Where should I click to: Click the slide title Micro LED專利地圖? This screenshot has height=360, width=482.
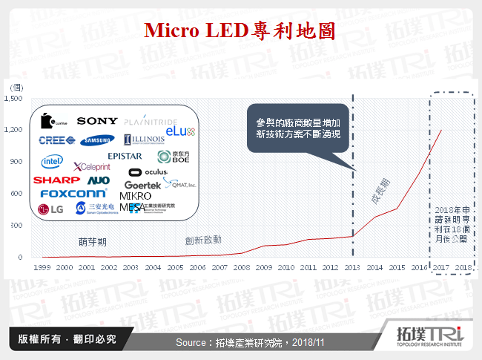click(240, 30)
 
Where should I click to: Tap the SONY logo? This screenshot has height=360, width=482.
click(97, 120)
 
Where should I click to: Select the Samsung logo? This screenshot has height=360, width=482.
click(98, 140)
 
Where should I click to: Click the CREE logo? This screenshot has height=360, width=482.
click(56, 140)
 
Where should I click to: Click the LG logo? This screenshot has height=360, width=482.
click(51, 209)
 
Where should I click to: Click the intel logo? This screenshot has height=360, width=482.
click(51, 161)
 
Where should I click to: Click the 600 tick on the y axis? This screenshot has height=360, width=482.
click(18, 194)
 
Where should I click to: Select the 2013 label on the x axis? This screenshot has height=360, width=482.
click(353, 266)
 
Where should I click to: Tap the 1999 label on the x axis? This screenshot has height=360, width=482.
click(42, 266)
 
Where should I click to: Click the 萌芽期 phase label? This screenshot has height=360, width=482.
click(93, 241)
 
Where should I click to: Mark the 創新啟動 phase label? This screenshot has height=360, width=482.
click(202, 240)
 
